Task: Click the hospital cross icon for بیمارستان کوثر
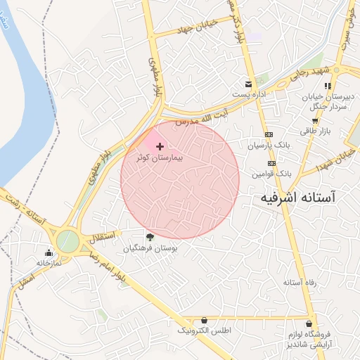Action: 160,146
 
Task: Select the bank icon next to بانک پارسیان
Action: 269,134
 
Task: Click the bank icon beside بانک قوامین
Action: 271,162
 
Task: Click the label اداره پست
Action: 247,94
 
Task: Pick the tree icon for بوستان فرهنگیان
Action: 150,237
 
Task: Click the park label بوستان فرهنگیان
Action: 150,248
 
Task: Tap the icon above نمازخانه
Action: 49,252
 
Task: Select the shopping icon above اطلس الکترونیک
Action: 204,320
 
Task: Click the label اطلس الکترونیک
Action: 204,330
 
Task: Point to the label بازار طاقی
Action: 316,131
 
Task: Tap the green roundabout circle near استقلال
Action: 68,241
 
